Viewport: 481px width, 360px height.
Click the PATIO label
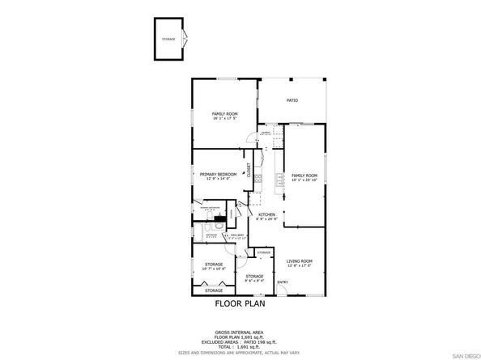[292, 100]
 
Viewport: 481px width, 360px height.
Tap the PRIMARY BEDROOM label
[219, 174]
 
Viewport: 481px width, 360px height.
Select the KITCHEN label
[267, 214]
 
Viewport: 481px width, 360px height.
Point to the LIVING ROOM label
[300, 261]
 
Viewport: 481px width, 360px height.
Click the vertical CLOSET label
[249, 171]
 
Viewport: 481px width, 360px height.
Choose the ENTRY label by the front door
[283, 282]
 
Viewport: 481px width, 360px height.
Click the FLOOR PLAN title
[240, 306]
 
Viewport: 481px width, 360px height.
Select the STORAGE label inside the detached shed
[168, 39]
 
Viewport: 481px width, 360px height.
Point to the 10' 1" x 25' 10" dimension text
[304, 180]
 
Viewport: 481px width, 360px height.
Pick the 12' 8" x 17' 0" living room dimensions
[300, 266]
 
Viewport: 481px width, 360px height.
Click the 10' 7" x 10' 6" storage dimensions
[214, 269]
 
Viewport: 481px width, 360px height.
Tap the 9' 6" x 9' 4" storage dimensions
[255, 282]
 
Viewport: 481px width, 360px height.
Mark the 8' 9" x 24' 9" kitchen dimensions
[267, 219]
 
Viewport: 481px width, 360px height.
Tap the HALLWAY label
[236, 235]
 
